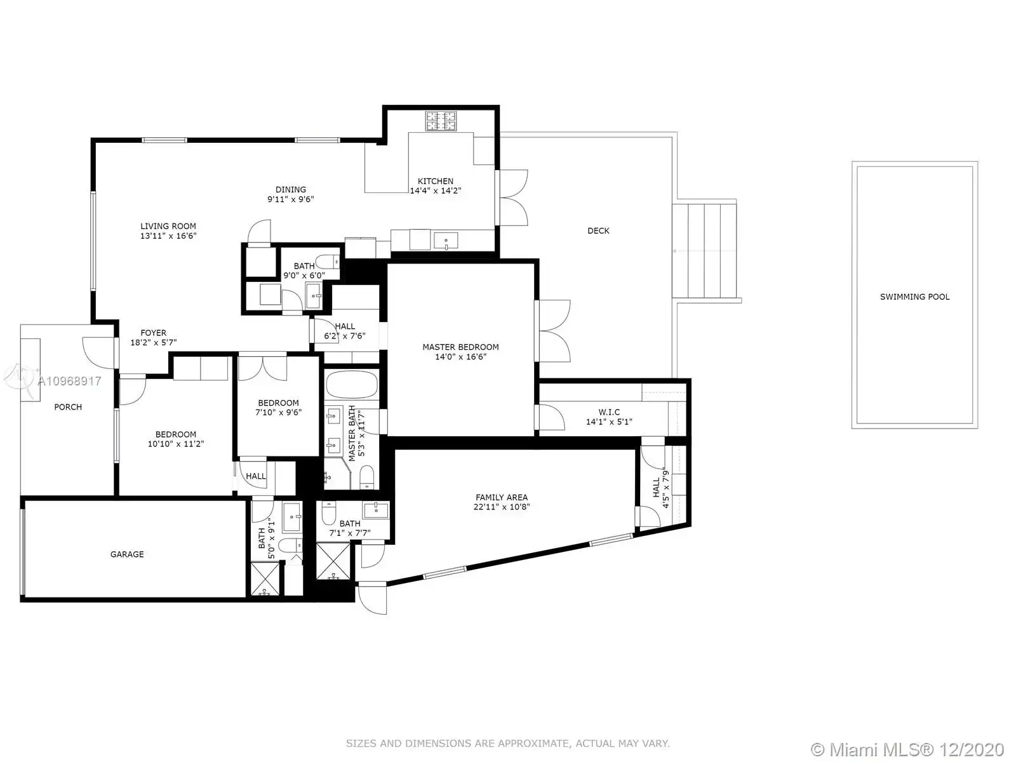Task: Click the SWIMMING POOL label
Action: click(914, 297)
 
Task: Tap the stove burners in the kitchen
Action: click(441, 121)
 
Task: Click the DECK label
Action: click(598, 231)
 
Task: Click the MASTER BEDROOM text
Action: click(460, 347)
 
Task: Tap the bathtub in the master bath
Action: click(352, 384)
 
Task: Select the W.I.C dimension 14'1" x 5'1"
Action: click(609, 422)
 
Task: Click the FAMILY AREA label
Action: click(501, 497)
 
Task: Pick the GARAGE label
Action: click(127, 554)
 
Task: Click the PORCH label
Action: click(68, 407)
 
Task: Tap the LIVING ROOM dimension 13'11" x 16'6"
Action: click(168, 236)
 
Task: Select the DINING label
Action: click(291, 190)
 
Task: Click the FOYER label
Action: click(153, 333)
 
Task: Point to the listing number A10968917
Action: click(69, 381)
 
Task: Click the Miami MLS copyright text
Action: click(907, 749)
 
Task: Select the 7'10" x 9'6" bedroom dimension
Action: click(278, 413)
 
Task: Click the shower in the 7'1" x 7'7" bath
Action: click(333, 561)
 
